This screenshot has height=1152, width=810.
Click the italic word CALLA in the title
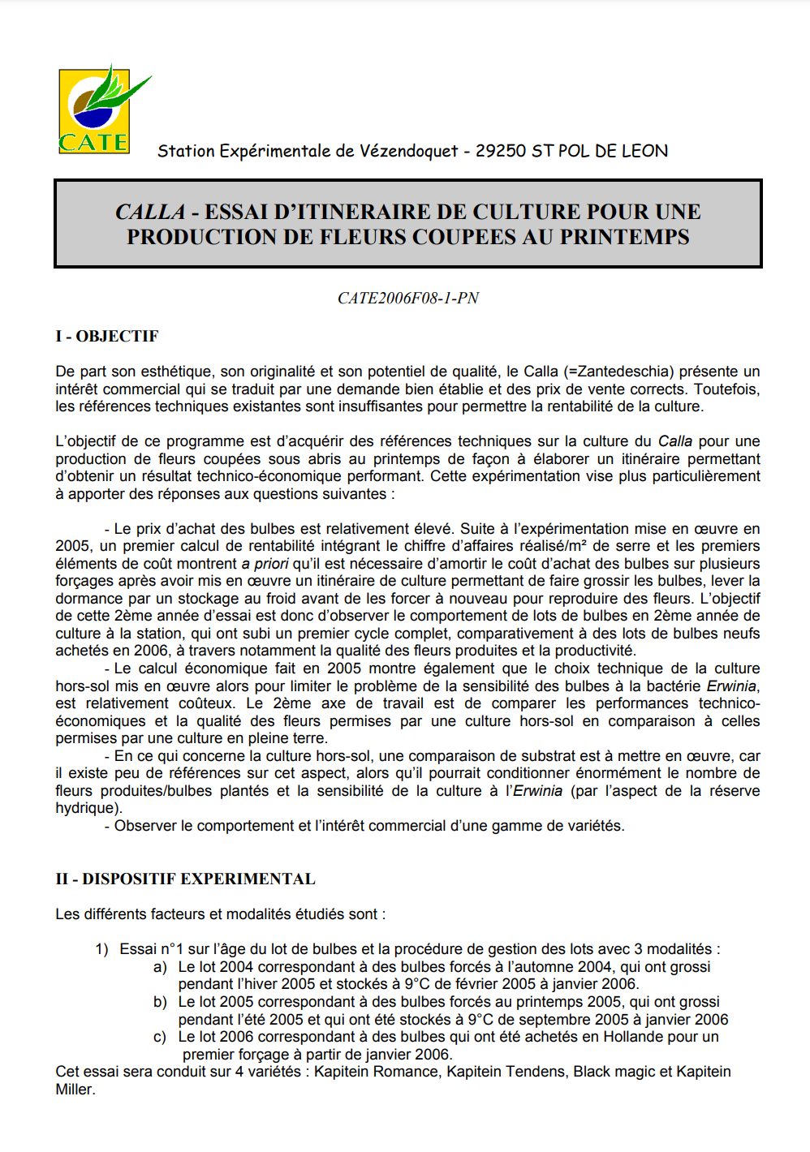150,212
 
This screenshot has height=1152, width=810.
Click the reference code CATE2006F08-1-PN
408,299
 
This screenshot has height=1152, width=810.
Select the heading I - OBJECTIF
107,336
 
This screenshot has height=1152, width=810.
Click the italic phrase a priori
265,564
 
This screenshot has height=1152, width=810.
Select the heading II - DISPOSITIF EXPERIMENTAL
185,879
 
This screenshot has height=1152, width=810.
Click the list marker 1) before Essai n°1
101,949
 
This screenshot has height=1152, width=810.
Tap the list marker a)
160,967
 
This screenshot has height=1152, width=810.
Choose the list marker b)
160,1002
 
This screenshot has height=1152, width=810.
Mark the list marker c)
160,1037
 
